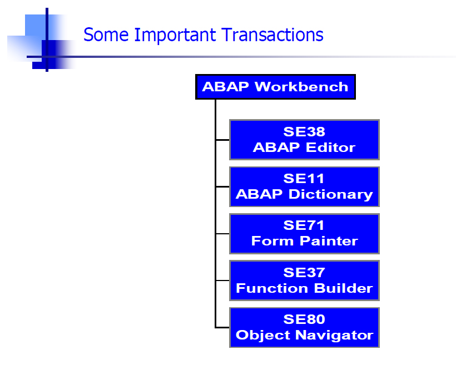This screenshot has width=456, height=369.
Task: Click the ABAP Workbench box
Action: click(275, 87)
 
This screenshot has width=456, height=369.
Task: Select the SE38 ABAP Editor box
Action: click(305, 140)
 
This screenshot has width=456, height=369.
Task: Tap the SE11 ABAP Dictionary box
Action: click(305, 186)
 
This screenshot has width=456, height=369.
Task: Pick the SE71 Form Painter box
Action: click(305, 234)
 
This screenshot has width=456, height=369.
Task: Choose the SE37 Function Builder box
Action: click(305, 281)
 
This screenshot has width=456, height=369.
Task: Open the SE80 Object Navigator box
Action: click(305, 328)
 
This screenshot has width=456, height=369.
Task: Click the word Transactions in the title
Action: click(272, 35)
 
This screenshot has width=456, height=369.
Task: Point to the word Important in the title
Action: click(175, 35)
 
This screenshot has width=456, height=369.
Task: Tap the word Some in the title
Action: click(106, 35)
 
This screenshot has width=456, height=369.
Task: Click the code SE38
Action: click(304, 131)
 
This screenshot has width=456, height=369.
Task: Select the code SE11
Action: click(304, 179)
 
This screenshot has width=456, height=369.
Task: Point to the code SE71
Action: click(304, 225)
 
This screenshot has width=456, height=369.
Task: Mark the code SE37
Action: click(304, 272)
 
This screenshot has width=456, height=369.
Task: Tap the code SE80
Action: click(304, 319)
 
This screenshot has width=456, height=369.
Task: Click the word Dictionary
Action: click(331, 194)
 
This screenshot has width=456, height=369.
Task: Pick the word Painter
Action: click(329, 241)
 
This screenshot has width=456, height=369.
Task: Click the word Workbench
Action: click(301, 87)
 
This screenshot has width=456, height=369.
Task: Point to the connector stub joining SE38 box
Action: click(222, 140)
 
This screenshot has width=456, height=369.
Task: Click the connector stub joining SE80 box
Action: click(222, 328)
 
